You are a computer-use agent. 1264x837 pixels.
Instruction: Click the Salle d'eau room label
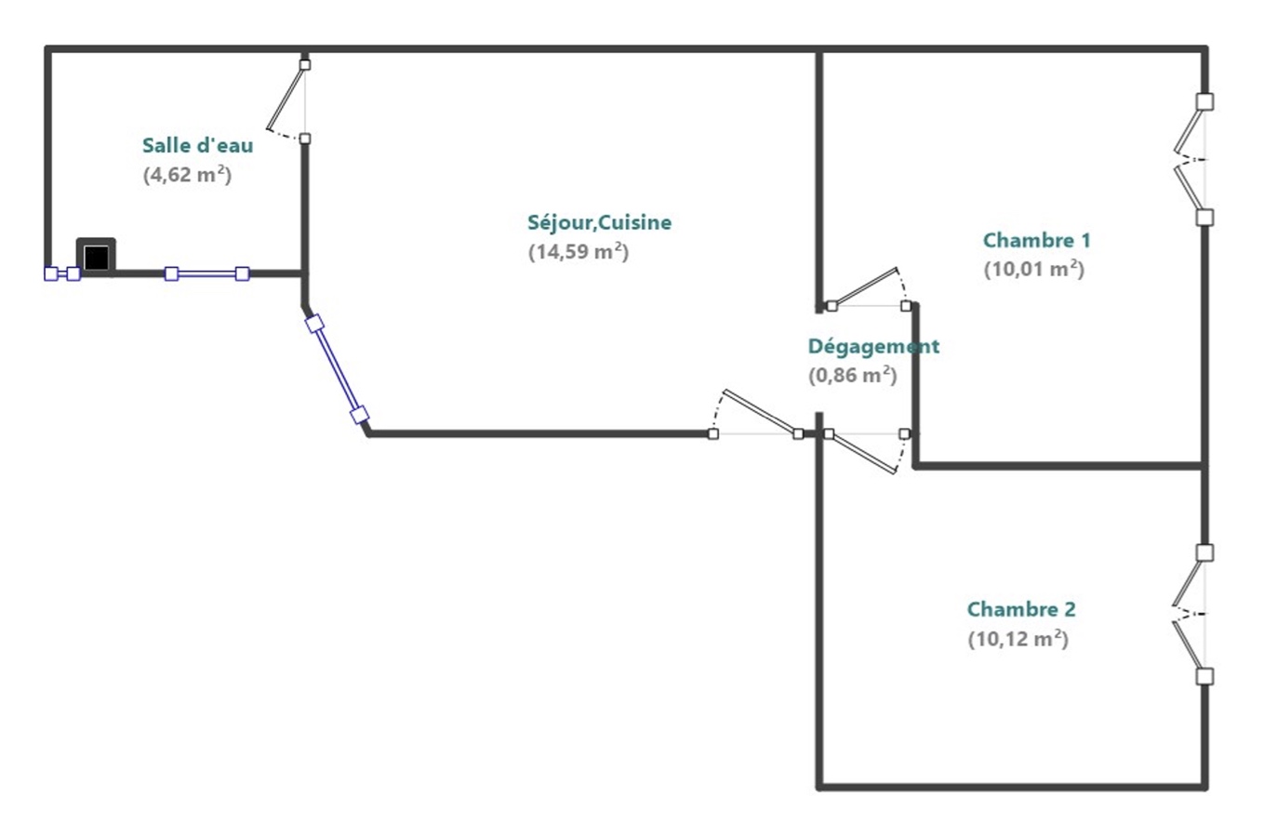coord(197,145)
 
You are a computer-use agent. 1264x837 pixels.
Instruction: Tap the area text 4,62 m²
coord(187,175)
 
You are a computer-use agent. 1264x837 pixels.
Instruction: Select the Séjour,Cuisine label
coord(599,222)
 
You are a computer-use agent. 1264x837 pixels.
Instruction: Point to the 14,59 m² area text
coord(579,252)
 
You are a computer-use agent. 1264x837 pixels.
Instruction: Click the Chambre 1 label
coord(1036,240)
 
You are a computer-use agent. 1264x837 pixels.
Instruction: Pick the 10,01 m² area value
coord(1033,270)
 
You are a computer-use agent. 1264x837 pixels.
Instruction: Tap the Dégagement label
coord(873,346)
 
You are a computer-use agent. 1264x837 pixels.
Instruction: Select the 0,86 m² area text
coord(852,376)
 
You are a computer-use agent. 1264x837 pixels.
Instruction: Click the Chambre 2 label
coord(1021,609)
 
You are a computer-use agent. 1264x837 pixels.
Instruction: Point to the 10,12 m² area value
coord(1018,640)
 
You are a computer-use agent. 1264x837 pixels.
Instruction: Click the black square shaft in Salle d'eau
coord(96,257)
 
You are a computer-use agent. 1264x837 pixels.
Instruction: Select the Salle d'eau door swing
coord(288,102)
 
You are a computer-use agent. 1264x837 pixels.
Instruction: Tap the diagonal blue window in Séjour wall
coord(337,369)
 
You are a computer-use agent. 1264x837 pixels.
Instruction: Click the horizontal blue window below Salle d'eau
coord(206,273)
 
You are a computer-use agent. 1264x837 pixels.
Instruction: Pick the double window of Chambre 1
coord(1193,159)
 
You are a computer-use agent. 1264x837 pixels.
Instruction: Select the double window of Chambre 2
coord(1192,614)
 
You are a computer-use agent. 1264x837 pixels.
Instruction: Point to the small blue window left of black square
coord(62,273)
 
